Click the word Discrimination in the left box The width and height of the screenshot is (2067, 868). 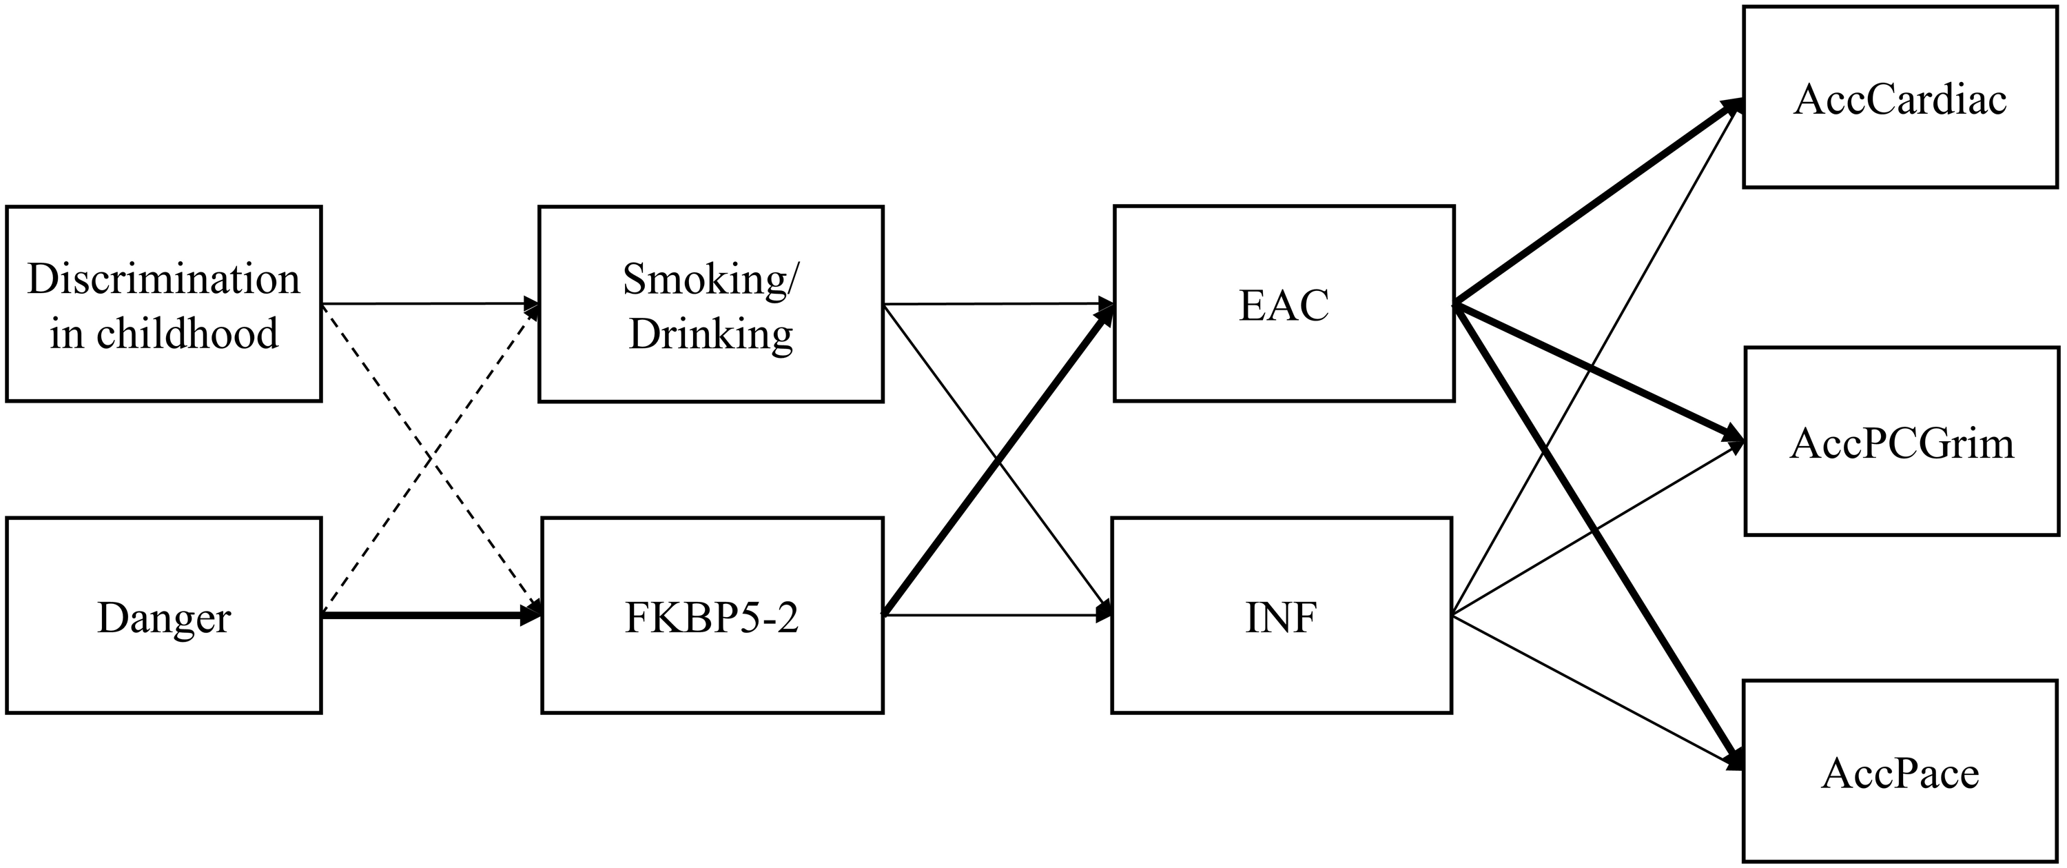tap(164, 279)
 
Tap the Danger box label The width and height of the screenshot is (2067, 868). tap(164, 618)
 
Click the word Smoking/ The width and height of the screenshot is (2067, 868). tap(711, 279)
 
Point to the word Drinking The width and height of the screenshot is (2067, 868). tap(711, 334)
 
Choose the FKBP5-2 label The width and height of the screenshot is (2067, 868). tap(711, 618)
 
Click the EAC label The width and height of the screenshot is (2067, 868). tap(1283, 305)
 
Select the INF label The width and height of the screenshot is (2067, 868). tap(1281, 618)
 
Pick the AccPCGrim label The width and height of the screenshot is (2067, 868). tap(1901, 443)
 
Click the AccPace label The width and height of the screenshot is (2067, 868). tap(1900, 774)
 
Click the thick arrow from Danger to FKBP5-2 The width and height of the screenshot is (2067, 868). tap(425, 616)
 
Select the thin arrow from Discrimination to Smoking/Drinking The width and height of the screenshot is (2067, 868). tap(425, 303)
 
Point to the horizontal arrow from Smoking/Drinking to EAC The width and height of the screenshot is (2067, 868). tap(995, 303)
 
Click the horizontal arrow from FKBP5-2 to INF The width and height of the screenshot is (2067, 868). tap(995, 616)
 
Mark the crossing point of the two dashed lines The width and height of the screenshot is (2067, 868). tap(430, 460)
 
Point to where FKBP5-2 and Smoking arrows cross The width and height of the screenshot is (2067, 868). tap(998, 460)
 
